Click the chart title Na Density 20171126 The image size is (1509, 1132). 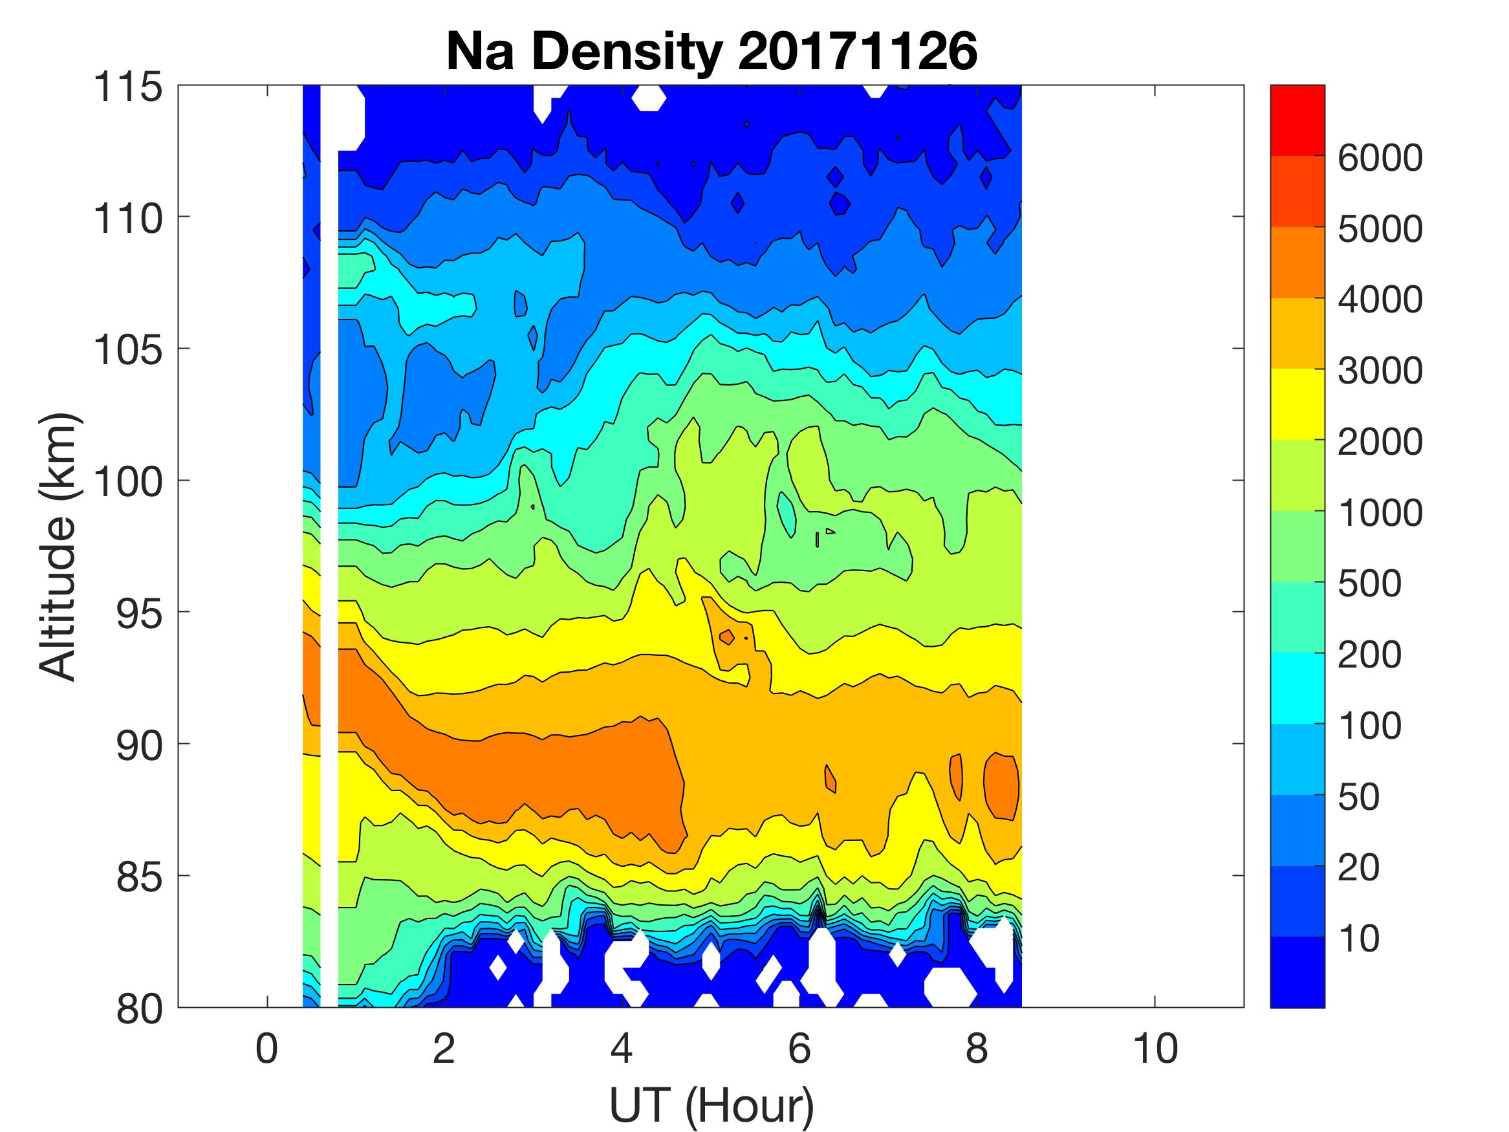(711, 52)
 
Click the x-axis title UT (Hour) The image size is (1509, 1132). (711, 1105)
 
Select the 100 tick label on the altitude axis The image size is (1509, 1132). (128, 482)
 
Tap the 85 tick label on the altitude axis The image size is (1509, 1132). (139, 876)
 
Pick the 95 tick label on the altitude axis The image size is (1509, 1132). (139, 613)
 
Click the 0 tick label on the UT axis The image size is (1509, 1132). (266, 1049)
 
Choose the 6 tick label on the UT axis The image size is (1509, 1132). (799, 1049)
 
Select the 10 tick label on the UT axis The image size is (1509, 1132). (1155, 1049)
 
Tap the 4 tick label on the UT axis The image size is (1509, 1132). (622, 1049)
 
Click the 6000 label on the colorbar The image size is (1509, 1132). (1380, 158)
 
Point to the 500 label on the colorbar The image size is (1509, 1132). (1369, 584)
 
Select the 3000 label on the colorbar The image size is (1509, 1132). (1380, 371)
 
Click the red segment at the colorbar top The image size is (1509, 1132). (1297, 121)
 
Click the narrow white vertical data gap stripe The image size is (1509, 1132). (329, 546)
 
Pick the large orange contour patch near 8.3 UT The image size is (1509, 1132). (1001, 786)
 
